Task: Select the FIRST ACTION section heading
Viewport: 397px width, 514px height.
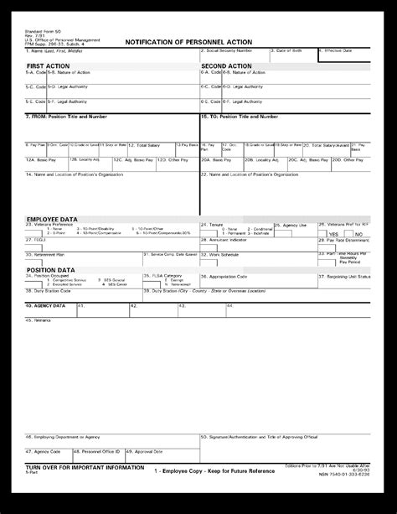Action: pyautogui.click(x=47, y=65)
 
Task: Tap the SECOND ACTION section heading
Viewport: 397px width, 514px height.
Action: pyautogui.click(x=226, y=65)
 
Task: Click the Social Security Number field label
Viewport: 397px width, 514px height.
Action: pyautogui.click(x=227, y=51)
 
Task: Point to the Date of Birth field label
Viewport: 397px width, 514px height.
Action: pyautogui.click(x=289, y=51)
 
